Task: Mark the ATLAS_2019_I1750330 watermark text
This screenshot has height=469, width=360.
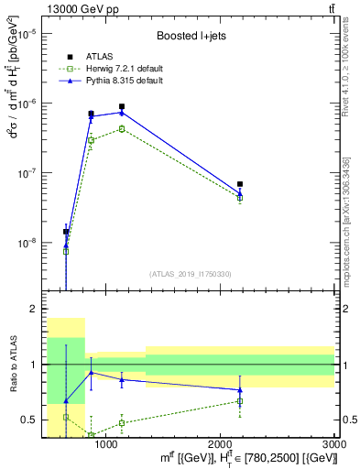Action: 190,274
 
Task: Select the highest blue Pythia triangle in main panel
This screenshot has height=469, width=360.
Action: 122,113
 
